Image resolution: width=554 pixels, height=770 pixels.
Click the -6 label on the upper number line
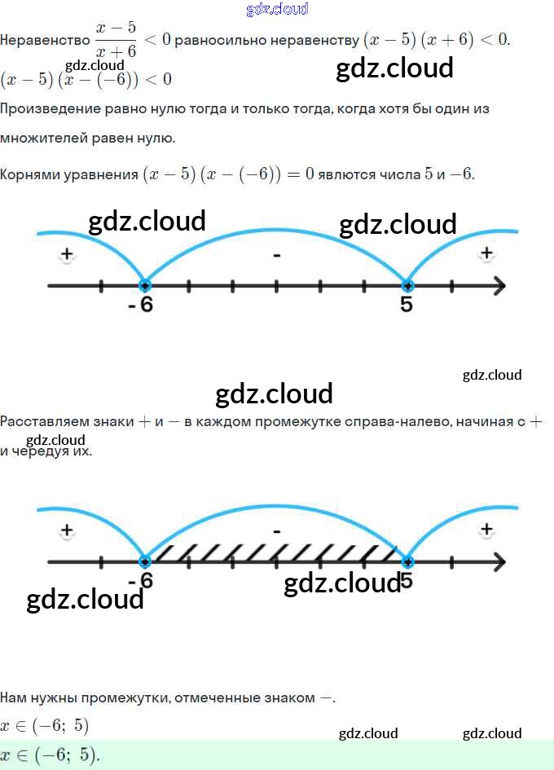click(x=141, y=305)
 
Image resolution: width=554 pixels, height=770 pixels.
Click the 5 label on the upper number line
click(x=407, y=305)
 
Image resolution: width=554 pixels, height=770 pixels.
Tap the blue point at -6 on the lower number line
click(x=145, y=561)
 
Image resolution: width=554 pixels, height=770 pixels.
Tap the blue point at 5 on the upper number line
click(x=407, y=285)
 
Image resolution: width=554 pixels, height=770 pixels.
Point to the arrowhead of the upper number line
click(x=499, y=285)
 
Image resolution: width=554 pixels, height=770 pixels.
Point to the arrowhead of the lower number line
click(x=499, y=562)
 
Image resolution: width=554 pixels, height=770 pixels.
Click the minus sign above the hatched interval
click(x=277, y=531)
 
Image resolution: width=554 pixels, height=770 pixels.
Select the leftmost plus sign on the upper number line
click(x=67, y=255)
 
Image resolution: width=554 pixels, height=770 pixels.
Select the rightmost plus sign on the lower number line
click(x=486, y=530)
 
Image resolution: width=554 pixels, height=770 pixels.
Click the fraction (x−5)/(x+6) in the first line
click(x=116, y=40)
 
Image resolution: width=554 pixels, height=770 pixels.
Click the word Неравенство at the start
click(x=44, y=40)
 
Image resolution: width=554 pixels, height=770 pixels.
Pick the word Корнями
click(x=29, y=174)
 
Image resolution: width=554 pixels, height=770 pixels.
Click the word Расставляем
click(x=45, y=422)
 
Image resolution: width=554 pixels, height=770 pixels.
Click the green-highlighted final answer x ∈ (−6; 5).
click(x=51, y=755)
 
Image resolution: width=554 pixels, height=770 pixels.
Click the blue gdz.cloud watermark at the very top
click(x=277, y=10)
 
